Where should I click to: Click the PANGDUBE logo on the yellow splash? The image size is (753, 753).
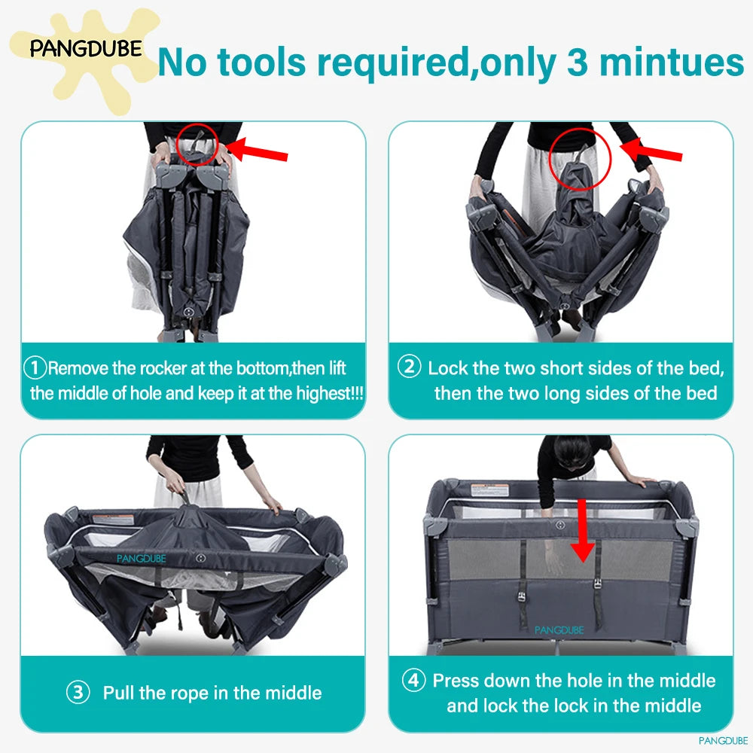pos(86,48)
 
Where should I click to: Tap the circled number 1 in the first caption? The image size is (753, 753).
pos(35,368)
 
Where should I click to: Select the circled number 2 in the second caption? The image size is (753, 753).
pos(409,367)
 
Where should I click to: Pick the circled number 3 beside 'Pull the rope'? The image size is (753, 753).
pos(78,693)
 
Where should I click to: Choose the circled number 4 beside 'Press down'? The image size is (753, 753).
pos(413,680)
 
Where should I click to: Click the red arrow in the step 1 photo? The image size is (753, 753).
pos(257,150)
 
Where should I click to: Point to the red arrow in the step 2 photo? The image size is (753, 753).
pos(651,150)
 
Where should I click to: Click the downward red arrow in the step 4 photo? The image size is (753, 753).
pos(583,530)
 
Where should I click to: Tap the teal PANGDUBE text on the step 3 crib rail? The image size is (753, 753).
pos(142,559)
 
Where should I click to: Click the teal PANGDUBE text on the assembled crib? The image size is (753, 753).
pos(559,630)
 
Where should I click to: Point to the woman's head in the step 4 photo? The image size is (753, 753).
pos(572,453)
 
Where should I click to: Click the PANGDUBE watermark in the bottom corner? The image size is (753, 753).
pos(723,740)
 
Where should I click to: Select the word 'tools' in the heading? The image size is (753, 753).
pos(261,62)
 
